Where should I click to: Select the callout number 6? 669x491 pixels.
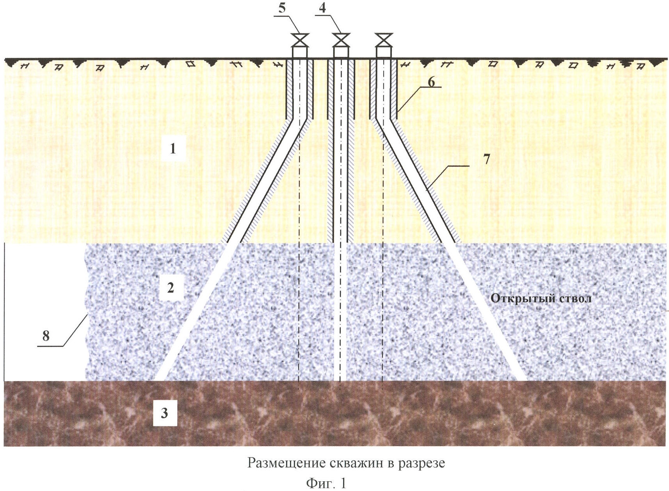(431, 82)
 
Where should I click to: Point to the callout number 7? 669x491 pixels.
(486, 159)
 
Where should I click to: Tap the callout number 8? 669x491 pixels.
(46, 336)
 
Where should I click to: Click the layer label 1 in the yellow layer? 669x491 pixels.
(173, 148)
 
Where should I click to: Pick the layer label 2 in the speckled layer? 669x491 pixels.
(171, 288)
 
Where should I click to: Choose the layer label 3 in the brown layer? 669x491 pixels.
(164, 413)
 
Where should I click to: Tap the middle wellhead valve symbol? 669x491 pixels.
(341, 40)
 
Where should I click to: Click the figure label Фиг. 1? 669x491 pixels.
(326, 483)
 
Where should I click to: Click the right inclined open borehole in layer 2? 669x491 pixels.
(486, 312)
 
